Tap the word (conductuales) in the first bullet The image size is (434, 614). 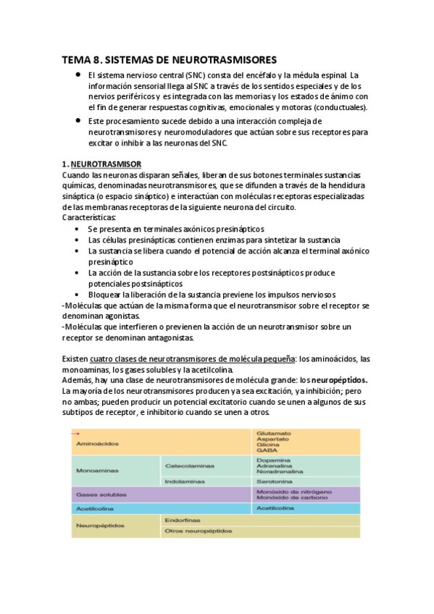tap(336, 108)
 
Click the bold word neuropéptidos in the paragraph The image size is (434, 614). tap(340, 379)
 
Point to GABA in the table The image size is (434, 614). tap(265, 450)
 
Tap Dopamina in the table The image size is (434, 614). tap(272, 459)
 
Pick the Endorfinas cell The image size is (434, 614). tap(181, 519)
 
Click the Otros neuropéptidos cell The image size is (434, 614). tap(198, 531)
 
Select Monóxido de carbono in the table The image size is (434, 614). tap(291, 497)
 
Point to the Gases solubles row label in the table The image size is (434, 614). tap(99, 494)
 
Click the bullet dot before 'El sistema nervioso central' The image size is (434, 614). tap(77, 75)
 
